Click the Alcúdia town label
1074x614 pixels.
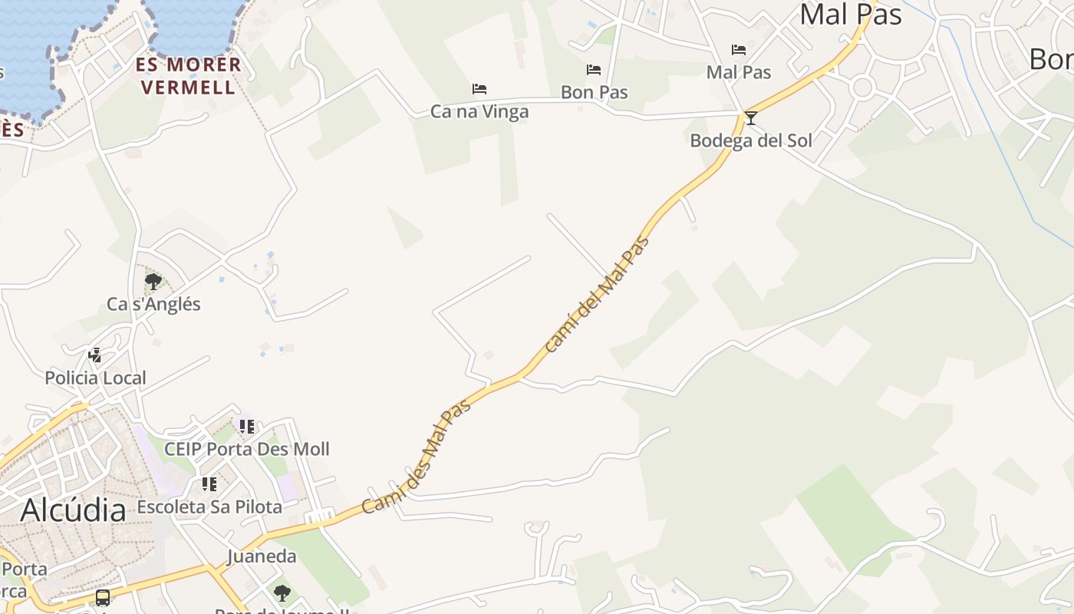point(73,510)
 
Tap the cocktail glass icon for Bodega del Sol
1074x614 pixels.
point(751,118)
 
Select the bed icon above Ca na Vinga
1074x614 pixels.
point(479,89)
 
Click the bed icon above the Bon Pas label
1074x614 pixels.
point(594,70)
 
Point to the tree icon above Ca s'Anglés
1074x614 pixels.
point(153,281)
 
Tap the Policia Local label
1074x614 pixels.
point(95,378)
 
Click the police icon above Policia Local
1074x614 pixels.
point(95,355)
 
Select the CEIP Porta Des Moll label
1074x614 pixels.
point(247,449)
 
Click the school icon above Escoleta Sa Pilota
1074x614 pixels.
point(209,484)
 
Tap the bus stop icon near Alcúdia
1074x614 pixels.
point(103,597)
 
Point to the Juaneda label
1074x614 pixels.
point(262,556)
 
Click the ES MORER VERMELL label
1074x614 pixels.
point(189,75)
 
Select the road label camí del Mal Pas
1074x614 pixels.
point(597,294)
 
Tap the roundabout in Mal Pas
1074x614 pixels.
point(862,87)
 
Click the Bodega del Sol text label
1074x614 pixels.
point(751,140)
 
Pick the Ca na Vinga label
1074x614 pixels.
point(479,111)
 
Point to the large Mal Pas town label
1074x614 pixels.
point(850,14)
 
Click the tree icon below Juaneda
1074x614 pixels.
point(282,593)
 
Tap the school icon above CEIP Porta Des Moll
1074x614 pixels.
point(246,426)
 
